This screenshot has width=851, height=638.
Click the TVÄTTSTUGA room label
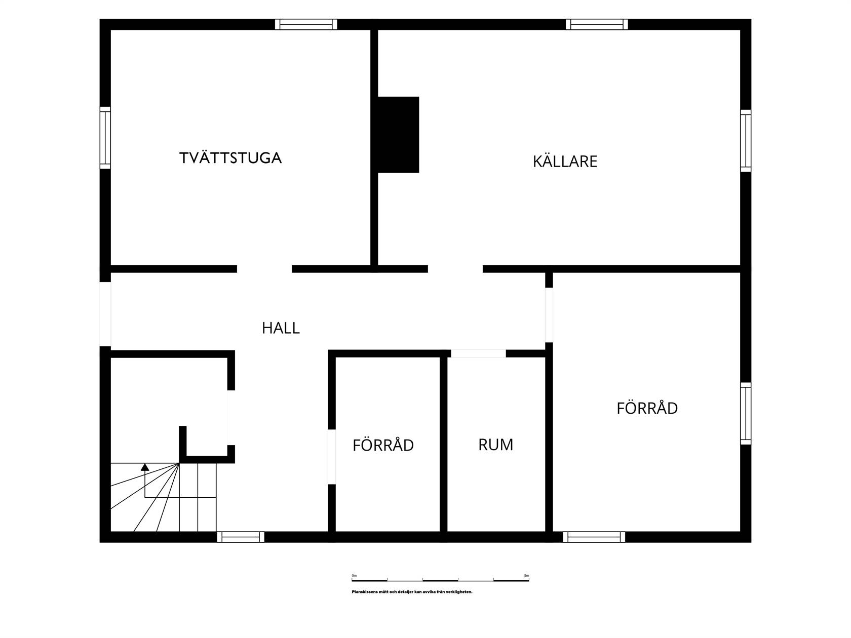(230, 157)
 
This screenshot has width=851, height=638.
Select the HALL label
(281, 328)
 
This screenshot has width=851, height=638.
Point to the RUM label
(495, 445)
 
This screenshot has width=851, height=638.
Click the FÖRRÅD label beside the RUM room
(383, 445)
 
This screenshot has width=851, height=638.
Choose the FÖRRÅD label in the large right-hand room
(647, 408)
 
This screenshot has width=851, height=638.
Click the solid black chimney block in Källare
(398, 134)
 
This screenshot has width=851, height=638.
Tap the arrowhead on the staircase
(145, 467)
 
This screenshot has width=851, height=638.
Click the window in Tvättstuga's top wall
(306, 24)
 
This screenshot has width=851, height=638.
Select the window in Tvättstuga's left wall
(105, 138)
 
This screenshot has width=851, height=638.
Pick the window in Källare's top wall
(597, 24)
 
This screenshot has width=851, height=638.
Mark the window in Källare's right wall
(746, 141)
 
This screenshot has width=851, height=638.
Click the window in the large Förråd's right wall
(746, 413)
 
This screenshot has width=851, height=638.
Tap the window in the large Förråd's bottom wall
(594, 537)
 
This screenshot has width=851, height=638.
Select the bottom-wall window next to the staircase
(241, 537)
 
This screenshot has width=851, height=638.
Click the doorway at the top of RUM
(478, 353)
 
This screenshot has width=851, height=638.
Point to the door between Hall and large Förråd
(549, 315)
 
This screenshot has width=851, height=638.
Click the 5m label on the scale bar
(526, 576)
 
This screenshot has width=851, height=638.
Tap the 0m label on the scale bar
(354, 576)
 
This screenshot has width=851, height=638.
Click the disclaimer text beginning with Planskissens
(412, 592)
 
